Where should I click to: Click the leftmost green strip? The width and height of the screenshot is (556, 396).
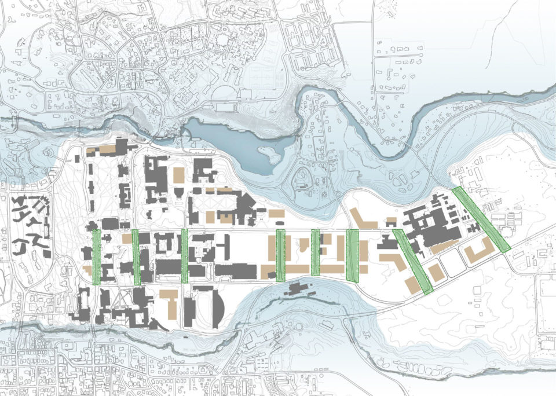point(97,256)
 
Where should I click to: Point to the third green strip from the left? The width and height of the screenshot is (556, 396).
point(184,255)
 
